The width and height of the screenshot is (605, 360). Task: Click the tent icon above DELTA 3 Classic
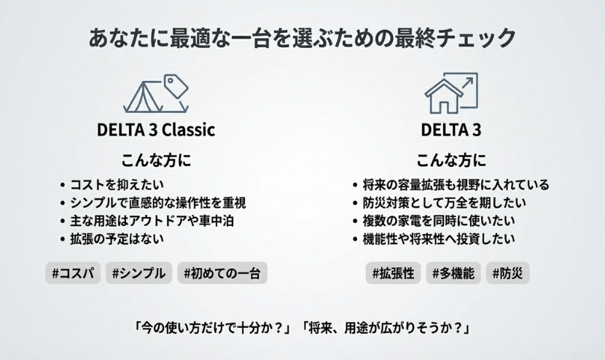click(155, 93)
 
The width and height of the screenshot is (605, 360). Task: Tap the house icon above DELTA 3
click(450, 93)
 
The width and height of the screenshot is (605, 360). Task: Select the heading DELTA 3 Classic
click(156, 130)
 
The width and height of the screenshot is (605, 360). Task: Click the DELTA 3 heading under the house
click(450, 130)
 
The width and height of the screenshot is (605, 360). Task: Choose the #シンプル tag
click(139, 274)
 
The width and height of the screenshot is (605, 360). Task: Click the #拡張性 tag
click(393, 274)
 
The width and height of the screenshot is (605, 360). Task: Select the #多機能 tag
click(453, 274)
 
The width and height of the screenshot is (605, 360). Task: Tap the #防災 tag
click(508, 274)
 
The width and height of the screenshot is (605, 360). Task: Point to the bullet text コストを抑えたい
click(117, 185)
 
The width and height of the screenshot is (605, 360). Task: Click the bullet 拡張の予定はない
click(117, 238)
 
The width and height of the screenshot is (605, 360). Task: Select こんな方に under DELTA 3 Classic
click(155, 160)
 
